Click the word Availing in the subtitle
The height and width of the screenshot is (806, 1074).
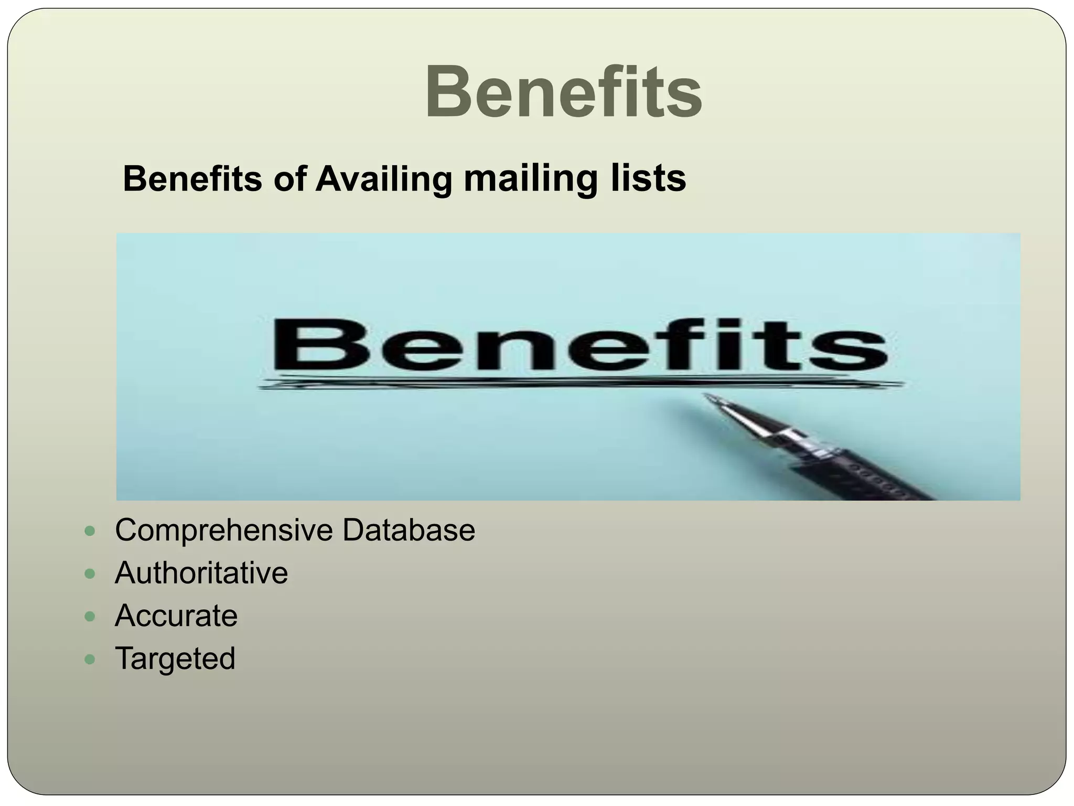click(383, 179)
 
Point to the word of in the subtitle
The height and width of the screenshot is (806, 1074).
click(289, 179)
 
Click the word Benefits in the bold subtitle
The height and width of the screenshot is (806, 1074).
click(192, 179)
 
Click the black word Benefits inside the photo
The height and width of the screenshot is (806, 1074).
click(579, 344)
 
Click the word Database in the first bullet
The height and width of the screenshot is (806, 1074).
click(409, 530)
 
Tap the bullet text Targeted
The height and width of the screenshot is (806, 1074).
click(175, 659)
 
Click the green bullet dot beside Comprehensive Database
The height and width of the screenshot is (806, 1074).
click(90, 531)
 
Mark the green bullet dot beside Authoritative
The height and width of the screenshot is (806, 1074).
click(90, 574)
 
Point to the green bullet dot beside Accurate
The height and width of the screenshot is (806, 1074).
click(90, 617)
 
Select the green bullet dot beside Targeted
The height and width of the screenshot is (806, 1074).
click(90, 659)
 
